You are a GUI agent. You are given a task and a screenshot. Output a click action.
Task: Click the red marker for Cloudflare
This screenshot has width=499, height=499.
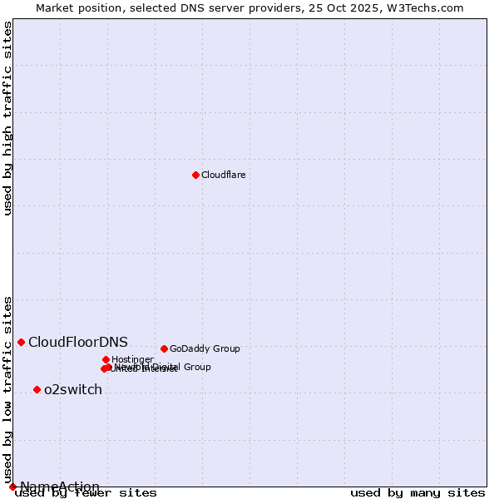(195, 175)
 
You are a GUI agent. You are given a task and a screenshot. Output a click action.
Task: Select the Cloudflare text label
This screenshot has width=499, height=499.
(223, 175)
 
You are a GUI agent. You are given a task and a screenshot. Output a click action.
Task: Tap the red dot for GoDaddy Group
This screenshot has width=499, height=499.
(164, 348)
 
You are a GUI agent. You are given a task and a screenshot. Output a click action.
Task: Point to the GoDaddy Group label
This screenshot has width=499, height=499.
(205, 348)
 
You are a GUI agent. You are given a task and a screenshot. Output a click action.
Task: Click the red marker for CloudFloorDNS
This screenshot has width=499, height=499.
(21, 342)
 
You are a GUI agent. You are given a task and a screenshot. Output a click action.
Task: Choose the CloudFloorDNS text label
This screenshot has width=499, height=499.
(78, 342)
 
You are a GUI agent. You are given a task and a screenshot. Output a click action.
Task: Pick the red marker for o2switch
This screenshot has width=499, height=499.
(37, 389)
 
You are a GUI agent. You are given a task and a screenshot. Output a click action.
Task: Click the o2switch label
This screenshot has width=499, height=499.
(73, 389)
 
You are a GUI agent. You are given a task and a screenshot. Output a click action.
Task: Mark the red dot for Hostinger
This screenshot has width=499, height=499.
(106, 359)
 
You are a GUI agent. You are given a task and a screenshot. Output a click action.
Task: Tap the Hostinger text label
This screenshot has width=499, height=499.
(132, 359)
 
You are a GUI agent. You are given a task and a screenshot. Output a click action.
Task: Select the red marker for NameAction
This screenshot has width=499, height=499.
(12, 487)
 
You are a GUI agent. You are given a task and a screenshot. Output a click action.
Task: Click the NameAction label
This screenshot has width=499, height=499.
(60, 487)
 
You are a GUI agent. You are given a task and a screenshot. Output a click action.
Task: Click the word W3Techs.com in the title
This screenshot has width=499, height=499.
(428, 7)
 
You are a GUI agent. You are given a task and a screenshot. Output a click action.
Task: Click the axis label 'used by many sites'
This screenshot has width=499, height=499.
(417, 493)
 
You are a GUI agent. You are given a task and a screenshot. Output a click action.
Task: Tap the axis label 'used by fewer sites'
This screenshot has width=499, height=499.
(86, 493)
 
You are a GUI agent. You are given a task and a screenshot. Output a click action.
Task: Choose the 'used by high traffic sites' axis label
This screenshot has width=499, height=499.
(7, 118)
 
